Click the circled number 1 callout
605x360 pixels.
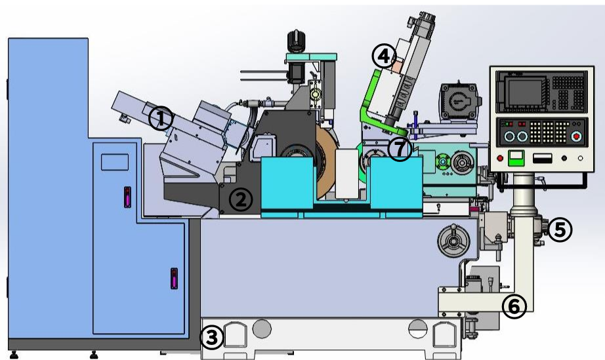[161, 118]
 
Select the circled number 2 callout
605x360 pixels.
[241, 199]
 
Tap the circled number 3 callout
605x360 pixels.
[211, 338]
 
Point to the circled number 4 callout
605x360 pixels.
[384, 56]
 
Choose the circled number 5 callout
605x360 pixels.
[560, 230]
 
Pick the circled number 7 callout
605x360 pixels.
[400, 149]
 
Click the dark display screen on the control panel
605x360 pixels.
[526, 91]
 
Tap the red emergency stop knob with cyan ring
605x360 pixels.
[576, 136]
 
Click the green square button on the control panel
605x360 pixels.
[516, 158]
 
